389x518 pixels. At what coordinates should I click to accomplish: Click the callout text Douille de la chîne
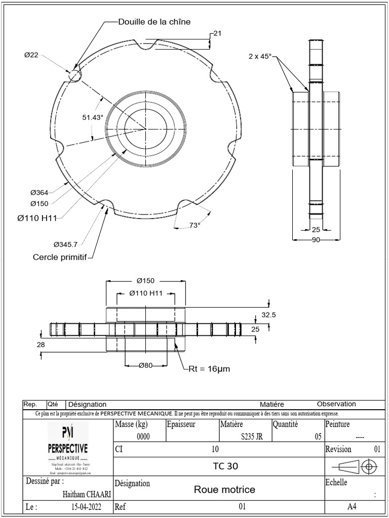pyautogui.click(x=154, y=22)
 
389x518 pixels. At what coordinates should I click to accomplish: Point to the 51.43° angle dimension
pyautogui.click(x=93, y=117)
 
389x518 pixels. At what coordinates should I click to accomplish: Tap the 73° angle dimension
pyautogui.click(x=194, y=225)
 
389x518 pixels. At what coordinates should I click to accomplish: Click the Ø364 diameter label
pyautogui.click(x=39, y=192)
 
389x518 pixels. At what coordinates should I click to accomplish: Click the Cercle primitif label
pyautogui.click(x=60, y=257)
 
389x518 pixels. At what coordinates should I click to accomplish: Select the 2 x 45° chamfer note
pyautogui.click(x=260, y=56)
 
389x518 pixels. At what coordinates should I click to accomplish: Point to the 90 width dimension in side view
pyautogui.click(x=316, y=240)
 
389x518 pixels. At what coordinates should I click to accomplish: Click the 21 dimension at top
pyautogui.click(x=218, y=33)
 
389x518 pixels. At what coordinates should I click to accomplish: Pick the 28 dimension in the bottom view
pyautogui.click(x=41, y=344)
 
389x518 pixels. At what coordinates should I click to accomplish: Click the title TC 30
pyautogui.click(x=225, y=466)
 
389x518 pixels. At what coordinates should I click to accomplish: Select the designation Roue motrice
pyautogui.click(x=224, y=490)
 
